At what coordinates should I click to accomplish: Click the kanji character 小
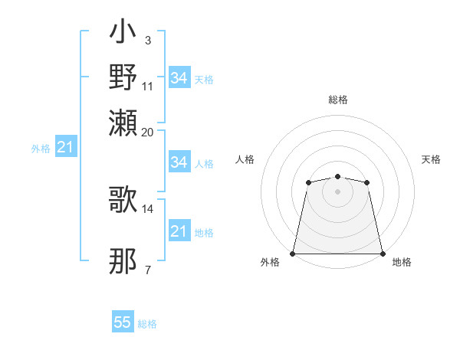coord(123,33)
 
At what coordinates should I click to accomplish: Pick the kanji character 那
coord(123,261)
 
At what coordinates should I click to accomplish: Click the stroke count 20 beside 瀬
coord(147,132)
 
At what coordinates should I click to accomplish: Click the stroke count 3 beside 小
coord(148,40)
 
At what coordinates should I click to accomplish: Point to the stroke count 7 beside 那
coord(148,270)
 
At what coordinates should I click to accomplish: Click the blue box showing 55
coord(123,322)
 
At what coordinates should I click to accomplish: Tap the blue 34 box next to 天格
coord(179,78)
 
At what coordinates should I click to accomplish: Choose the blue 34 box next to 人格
coord(179,162)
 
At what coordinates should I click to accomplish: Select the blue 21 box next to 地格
coord(179,231)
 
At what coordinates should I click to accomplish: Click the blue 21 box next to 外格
coord(65,147)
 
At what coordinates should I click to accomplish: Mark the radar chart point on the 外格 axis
coord(293,253)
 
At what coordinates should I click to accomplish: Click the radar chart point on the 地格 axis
coord(382,253)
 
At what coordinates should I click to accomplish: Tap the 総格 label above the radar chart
coord(337,100)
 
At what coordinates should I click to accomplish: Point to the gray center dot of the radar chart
coord(337,191)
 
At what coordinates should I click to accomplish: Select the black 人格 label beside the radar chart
coord(245,159)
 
